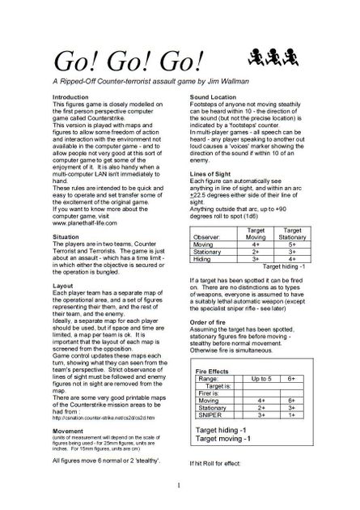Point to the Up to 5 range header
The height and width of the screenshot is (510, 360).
coord(261,377)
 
